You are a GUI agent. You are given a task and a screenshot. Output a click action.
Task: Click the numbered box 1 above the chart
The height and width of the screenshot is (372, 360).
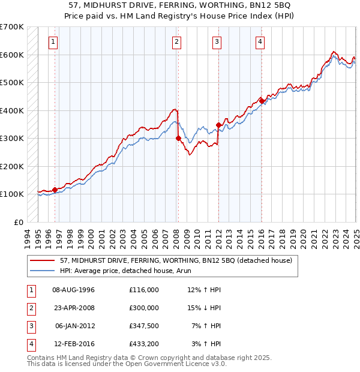pos(54,41)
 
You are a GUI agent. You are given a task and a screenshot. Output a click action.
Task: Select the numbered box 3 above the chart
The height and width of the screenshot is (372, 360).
pos(217,41)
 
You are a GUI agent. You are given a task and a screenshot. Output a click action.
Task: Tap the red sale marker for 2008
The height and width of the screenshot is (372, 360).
pos(178,138)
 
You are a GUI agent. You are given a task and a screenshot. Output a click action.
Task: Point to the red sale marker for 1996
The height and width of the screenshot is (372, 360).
pos(55,190)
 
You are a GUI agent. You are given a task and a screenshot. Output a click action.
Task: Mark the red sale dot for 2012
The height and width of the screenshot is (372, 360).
pos(218,125)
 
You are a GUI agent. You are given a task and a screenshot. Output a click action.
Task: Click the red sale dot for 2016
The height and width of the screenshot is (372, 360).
pos(262,101)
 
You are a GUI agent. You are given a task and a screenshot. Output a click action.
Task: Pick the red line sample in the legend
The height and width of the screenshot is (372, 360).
pos(43,261)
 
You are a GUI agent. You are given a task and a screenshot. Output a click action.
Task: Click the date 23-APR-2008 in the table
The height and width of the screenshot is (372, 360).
pos(74,308)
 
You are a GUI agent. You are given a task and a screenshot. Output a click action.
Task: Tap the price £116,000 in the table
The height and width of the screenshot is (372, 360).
pos(144,290)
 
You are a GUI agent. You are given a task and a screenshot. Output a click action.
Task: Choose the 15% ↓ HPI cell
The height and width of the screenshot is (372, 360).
pos(204,308)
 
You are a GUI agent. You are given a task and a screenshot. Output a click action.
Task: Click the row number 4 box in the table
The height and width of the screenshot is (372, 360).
pos(30,344)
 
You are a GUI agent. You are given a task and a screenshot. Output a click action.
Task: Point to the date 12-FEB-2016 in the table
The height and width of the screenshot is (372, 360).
pos(74,344)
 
